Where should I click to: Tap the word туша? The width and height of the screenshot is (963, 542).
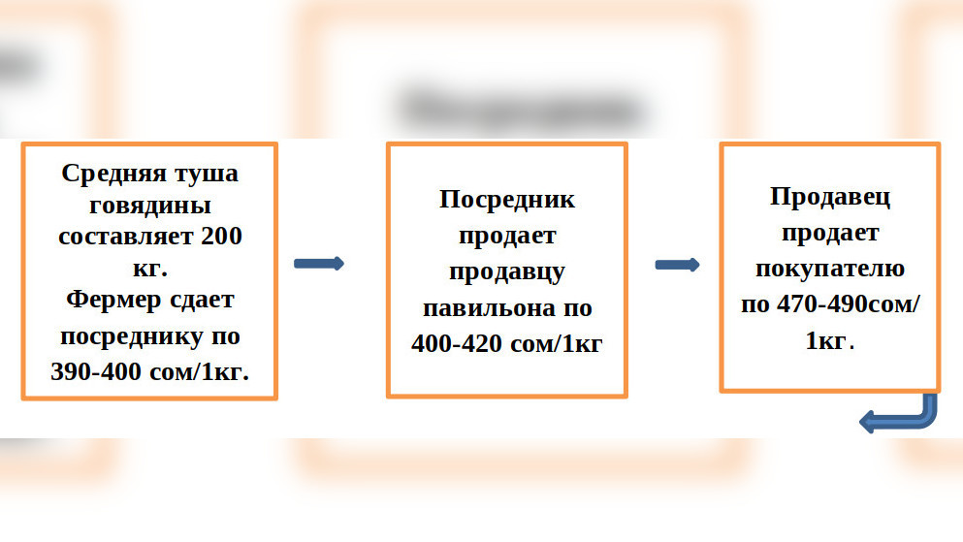point(203,174)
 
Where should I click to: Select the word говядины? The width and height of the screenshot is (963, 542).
point(150,206)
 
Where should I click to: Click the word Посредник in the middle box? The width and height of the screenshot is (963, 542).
point(506,200)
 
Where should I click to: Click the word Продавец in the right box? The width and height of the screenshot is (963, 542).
point(830,197)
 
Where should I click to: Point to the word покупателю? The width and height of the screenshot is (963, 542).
point(830,269)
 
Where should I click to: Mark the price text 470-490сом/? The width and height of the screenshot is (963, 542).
point(830,304)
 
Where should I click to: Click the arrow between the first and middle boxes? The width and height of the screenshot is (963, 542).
point(318,264)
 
